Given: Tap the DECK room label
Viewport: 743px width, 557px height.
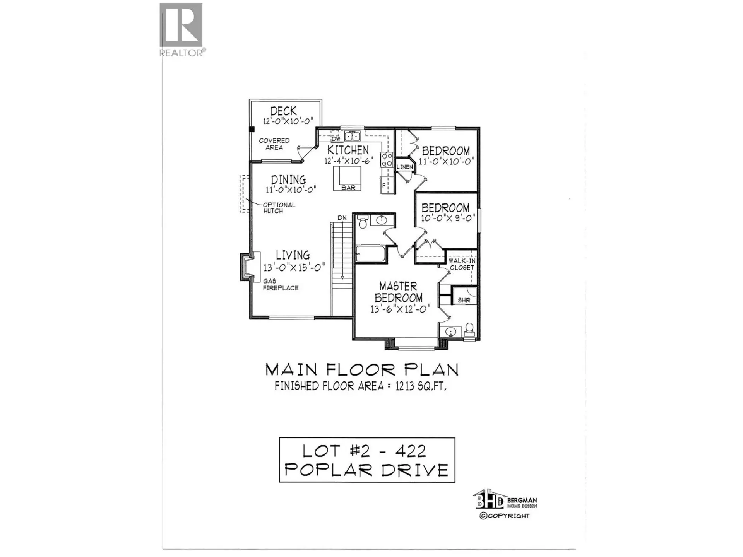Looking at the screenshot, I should coord(283,111).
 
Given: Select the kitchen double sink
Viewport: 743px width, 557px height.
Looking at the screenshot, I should coord(352,136).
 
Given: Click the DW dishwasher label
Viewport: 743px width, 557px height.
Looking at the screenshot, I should coord(336,138).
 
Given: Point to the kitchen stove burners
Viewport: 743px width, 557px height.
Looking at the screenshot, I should coord(387,160).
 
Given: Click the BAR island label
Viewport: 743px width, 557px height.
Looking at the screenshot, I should coord(348,188).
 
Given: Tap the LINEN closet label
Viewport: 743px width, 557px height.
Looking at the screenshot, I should coord(404,167).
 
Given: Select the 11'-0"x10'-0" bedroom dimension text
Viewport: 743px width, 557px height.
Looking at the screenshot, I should coord(446,161).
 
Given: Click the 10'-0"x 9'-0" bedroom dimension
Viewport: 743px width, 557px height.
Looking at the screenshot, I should coord(448,218).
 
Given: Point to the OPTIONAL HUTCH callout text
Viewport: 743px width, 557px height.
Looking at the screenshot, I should coord(279,208).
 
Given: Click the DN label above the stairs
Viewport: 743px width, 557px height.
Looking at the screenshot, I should coord(342,218).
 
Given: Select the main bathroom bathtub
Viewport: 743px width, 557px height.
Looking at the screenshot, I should coord(370,254).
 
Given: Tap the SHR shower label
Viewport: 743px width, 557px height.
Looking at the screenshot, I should coord(464,300).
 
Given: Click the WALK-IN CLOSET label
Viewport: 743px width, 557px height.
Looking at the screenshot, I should coord(462,264).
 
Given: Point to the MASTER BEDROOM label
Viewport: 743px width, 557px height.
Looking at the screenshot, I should coord(398,292).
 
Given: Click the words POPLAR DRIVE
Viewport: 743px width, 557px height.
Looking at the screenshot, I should coord(366,470).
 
